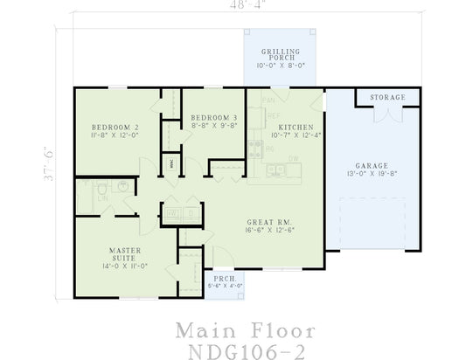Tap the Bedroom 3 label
click(x=213, y=117)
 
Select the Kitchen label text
click(x=283, y=127)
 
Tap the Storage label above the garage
click(x=386, y=97)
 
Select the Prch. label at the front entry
click(x=225, y=278)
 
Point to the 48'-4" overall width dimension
click(x=233, y=6)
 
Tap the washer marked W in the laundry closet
click(x=172, y=212)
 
